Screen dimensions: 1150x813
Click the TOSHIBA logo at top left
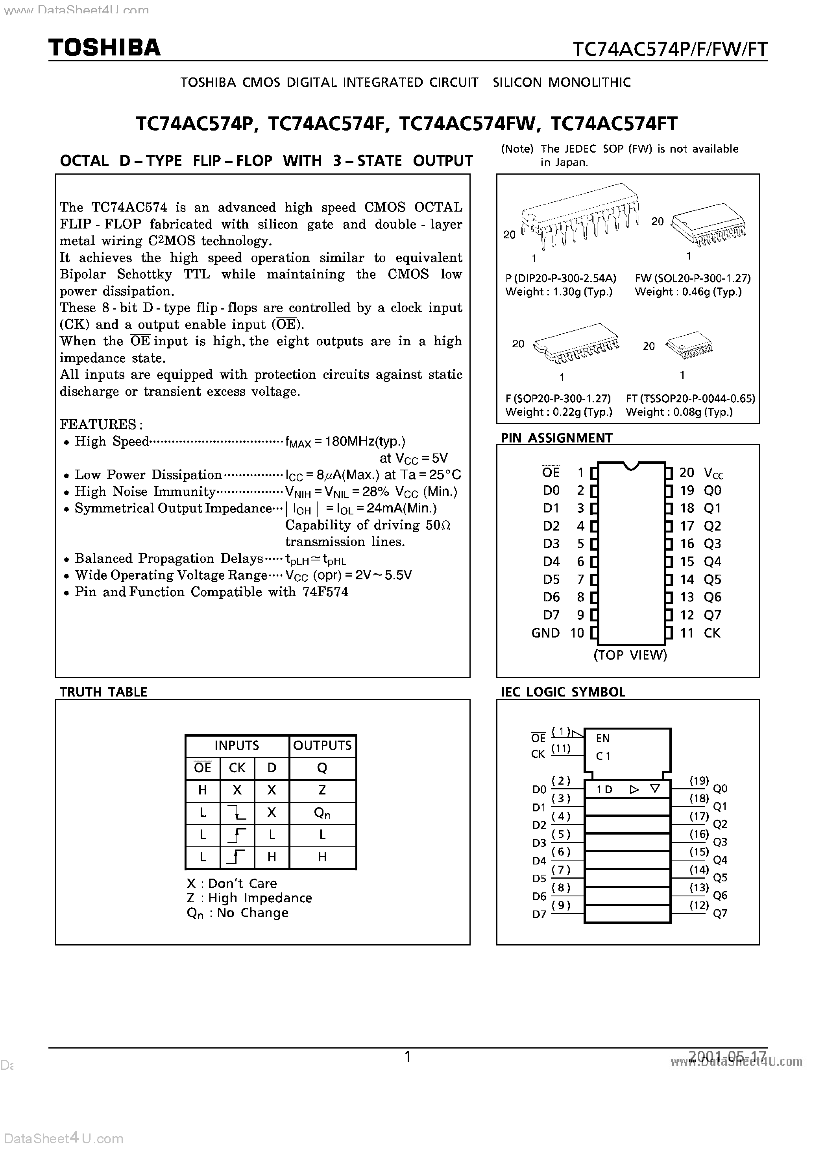click(104, 48)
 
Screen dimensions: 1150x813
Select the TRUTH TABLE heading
click(103, 692)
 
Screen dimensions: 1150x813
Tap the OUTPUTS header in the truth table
click(322, 745)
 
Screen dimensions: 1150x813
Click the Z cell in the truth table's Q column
click(322, 790)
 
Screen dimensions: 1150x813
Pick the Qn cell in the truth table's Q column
click(322, 813)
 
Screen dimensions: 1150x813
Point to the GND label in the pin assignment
click(545, 633)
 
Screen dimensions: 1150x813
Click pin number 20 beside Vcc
click(687, 472)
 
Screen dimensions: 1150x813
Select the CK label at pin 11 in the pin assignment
click(712, 633)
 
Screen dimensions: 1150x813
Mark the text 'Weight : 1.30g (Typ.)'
click(559, 291)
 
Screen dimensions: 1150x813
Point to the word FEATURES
click(101, 424)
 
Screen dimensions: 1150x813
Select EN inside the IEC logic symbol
click(603, 738)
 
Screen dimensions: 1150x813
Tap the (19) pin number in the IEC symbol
click(699, 780)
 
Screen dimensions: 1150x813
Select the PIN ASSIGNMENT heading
click(556, 438)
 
